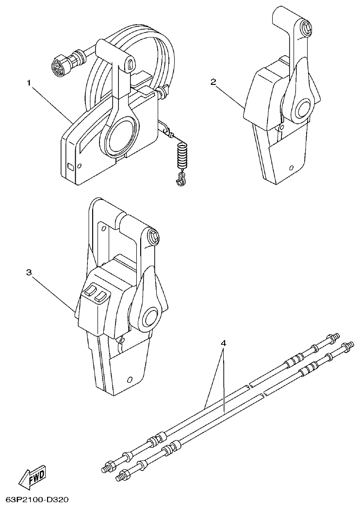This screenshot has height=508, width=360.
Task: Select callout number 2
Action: tap(213, 82)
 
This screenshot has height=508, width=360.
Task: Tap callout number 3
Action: tap(29, 273)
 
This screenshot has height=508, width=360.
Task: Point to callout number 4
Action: tap(223, 343)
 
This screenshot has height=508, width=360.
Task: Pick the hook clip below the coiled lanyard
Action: tap(181, 180)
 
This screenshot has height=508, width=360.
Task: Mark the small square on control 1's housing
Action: tap(70, 167)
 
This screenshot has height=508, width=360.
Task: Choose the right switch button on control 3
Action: tap(101, 296)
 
